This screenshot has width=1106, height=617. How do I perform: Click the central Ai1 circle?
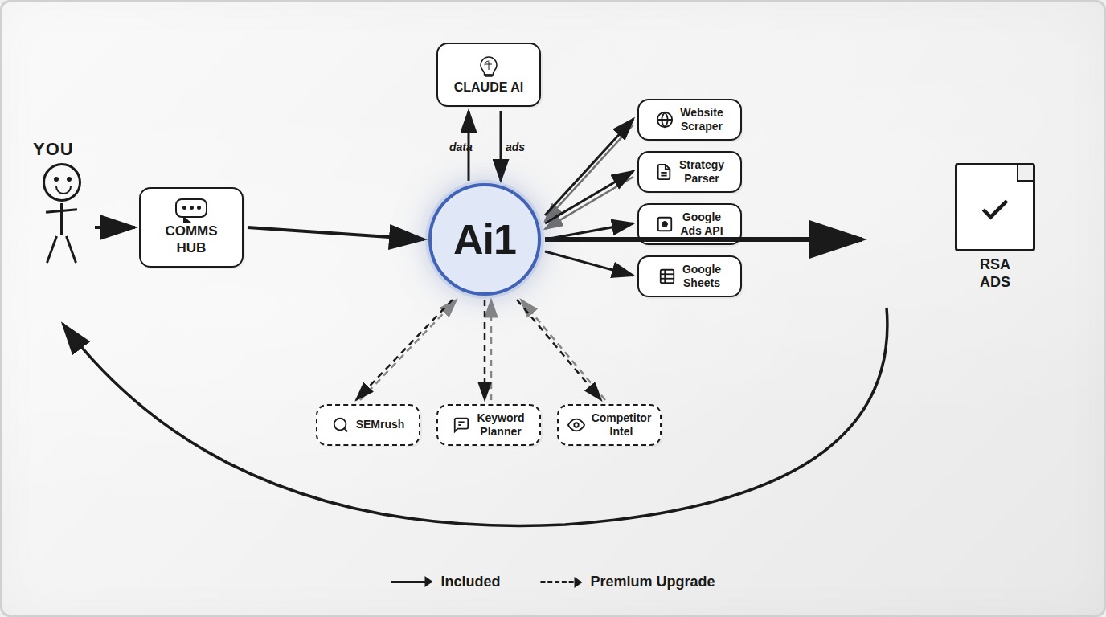[x=485, y=239]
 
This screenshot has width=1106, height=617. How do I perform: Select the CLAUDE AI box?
[x=489, y=76]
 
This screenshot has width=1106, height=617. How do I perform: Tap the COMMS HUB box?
[x=191, y=227]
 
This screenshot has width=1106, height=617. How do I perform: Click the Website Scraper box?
[x=690, y=120]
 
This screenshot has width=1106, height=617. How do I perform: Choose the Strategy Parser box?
[x=690, y=172]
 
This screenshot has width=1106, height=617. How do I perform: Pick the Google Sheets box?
[x=690, y=276]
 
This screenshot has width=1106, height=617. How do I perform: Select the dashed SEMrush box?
[x=368, y=425]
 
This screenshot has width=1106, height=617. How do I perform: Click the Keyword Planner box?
[x=489, y=425]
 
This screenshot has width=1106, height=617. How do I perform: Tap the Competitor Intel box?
[x=609, y=425]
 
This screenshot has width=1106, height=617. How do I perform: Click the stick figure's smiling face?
[x=62, y=182]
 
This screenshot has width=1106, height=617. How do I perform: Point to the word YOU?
[x=53, y=149]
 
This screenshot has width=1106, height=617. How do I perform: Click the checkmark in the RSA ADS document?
[x=995, y=210]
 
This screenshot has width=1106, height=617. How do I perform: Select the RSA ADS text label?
[x=995, y=273]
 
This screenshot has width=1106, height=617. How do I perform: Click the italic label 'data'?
[x=461, y=147]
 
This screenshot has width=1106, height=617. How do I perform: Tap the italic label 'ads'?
[x=514, y=147]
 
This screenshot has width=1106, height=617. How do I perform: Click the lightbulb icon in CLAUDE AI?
[x=489, y=66]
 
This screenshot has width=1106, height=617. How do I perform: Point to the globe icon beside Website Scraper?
[x=665, y=120]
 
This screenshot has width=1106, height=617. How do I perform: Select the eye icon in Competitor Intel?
[x=576, y=425]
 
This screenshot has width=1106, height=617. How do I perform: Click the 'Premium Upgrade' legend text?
[x=652, y=582]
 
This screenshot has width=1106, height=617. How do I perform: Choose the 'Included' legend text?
[x=470, y=582]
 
